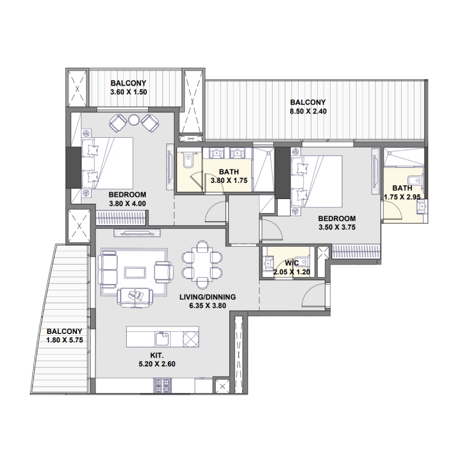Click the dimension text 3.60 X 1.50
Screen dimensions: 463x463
[x=128, y=91]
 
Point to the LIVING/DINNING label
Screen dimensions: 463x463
[x=207, y=297]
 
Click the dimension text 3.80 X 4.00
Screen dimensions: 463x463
[x=127, y=203]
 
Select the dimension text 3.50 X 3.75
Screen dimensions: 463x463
[x=336, y=227]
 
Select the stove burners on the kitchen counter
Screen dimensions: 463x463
[x=161, y=384]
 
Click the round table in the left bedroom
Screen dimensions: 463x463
[x=134, y=120]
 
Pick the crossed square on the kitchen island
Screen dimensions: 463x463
[x=190, y=338]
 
